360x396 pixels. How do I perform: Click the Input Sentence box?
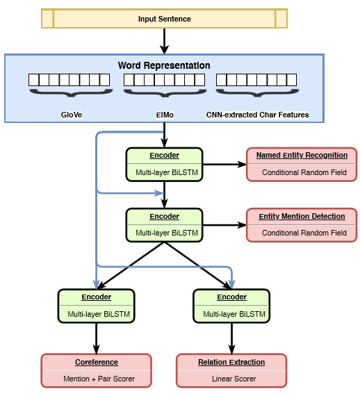pos(164,19)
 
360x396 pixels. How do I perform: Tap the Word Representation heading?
pos(164,65)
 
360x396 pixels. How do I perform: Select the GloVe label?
pos(72,115)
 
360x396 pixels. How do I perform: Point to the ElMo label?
pos(165,115)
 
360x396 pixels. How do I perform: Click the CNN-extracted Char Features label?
pos(257,115)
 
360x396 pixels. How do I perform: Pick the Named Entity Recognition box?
pos(302,165)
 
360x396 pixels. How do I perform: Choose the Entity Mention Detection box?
pos(302,225)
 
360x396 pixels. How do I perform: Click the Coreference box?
pos(96,370)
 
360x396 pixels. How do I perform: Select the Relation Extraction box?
pos(231,370)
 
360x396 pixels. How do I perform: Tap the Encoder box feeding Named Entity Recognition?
pos(164,165)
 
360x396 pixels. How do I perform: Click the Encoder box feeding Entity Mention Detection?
pos(164,225)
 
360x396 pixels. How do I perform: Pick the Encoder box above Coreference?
pos(96,306)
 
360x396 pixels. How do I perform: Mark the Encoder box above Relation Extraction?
pos(231,306)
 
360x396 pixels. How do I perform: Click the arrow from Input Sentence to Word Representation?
pos(164,41)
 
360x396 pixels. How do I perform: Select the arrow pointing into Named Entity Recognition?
pos(224,165)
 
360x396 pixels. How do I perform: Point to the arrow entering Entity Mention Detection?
pos(224,225)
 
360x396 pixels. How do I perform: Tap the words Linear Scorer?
pos(234,379)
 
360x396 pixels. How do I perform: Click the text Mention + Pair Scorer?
pos(99,379)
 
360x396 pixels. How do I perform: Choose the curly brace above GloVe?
pos(71,93)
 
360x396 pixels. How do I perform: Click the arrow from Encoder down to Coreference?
pos(96,338)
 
